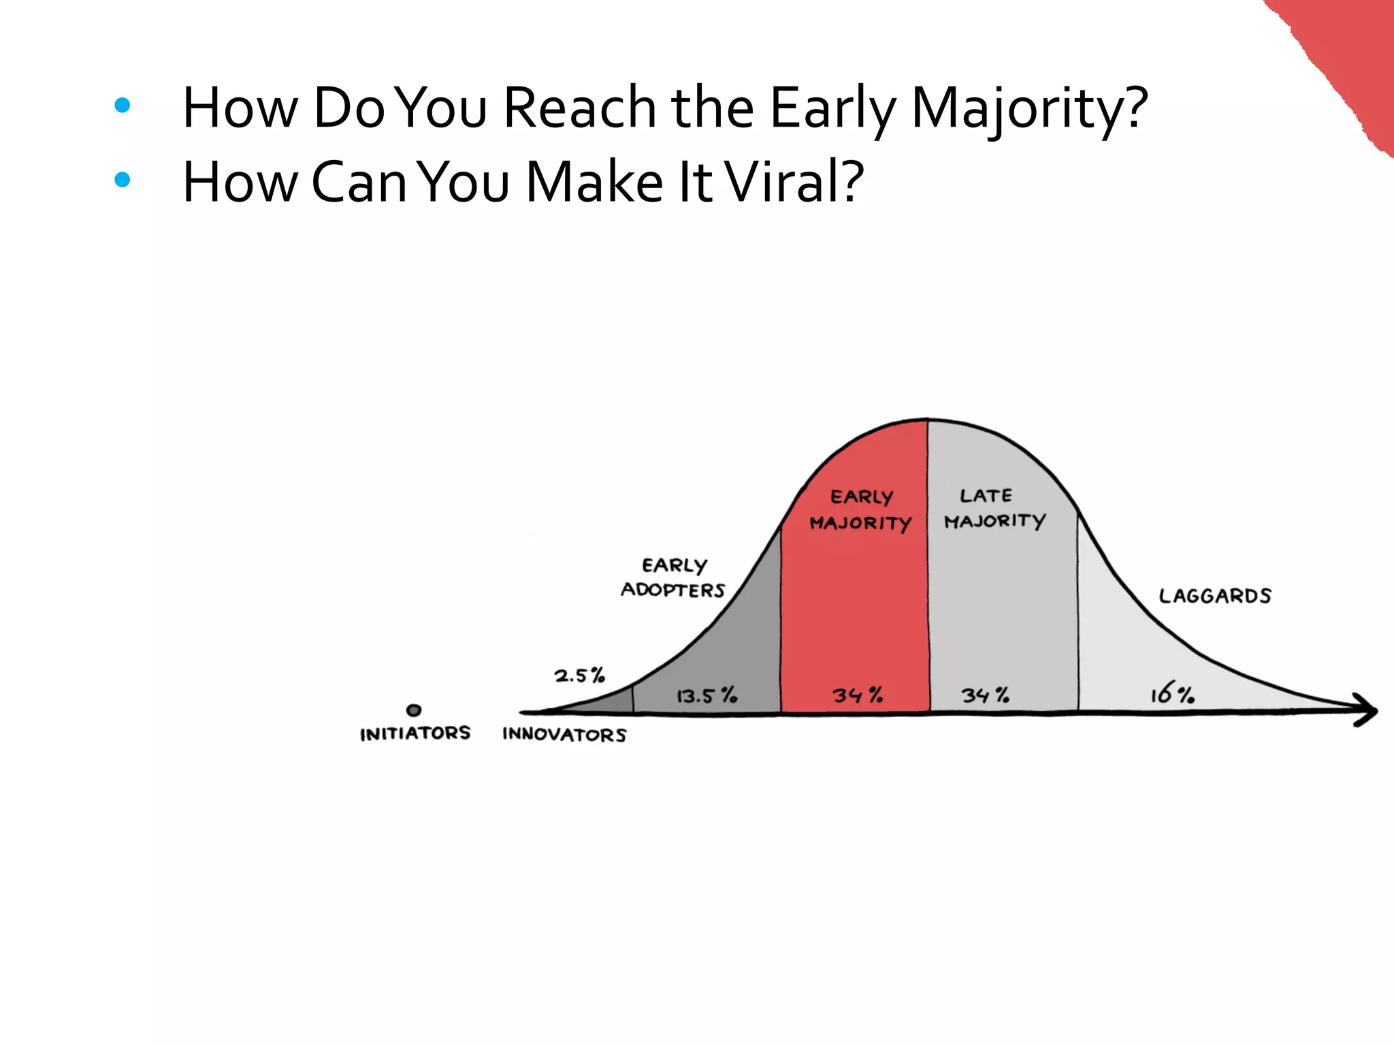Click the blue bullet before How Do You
[x=123, y=105]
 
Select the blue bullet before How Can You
[x=123, y=180]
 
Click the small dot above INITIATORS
[x=414, y=710]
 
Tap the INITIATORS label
[x=415, y=733]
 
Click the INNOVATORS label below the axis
[x=564, y=735]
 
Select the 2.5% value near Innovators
[x=579, y=676]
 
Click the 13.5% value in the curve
[x=706, y=695]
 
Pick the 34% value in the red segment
[x=858, y=695]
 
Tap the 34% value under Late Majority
[x=985, y=695]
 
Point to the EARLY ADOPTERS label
[x=673, y=577]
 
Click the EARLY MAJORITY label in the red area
[x=860, y=510]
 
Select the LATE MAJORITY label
[x=994, y=508]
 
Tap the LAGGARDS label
[x=1215, y=596]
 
